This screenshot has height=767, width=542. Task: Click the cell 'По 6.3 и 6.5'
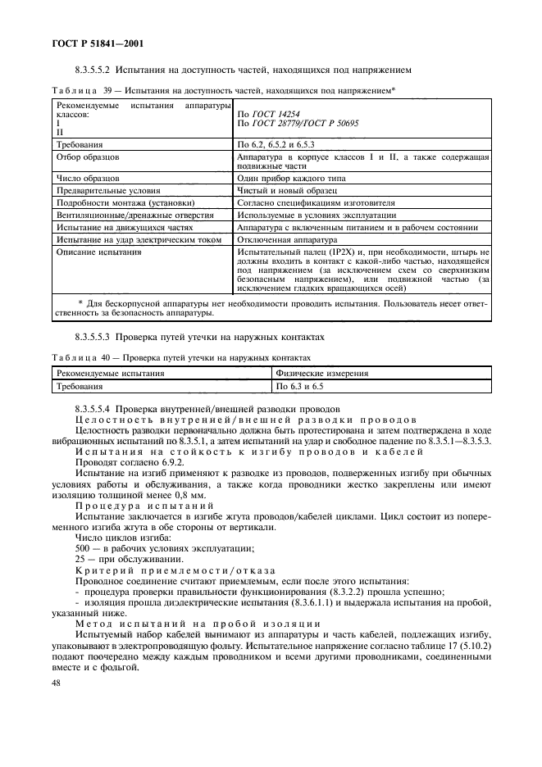click(x=300, y=385)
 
